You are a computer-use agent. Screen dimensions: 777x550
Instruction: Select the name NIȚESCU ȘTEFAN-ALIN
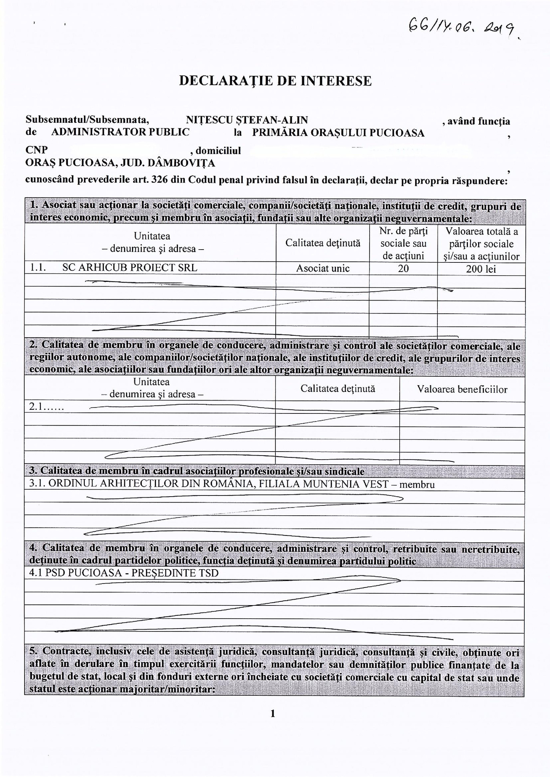point(247,120)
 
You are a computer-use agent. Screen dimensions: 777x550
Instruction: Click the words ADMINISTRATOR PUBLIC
point(120,132)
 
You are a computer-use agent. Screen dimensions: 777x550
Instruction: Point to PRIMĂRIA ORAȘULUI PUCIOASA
point(338,133)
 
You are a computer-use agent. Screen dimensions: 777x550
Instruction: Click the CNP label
point(36,150)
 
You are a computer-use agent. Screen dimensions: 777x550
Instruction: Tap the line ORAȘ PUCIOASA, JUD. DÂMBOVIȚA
point(120,162)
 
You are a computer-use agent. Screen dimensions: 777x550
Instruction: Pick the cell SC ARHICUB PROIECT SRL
point(129,268)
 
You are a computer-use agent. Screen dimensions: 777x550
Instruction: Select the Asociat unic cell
point(323,268)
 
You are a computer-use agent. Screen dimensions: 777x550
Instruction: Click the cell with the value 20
point(403,269)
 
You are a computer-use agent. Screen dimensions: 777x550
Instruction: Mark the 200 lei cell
point(481,269)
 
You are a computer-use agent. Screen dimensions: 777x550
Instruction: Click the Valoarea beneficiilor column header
point(462,389)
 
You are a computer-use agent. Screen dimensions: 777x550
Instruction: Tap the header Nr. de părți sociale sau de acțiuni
point(403,243)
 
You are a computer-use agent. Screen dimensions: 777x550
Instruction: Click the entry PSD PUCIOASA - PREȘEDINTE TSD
point(123,573)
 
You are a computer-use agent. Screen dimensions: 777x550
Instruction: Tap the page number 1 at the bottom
point(272,713)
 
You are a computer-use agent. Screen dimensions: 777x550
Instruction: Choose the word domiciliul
point(218,151)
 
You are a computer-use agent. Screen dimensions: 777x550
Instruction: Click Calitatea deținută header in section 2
point(337,389)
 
